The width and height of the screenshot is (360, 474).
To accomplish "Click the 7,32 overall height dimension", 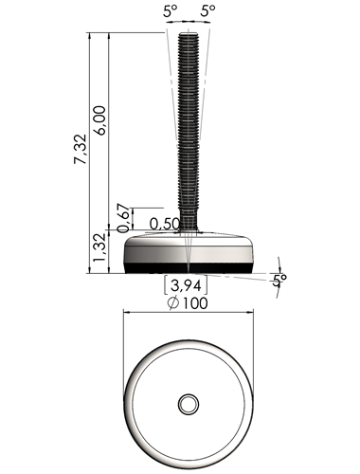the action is pos(80,149).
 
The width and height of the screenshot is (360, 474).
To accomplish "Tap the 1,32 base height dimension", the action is pos(99,247).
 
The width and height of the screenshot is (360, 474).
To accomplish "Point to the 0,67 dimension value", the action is pos(123,219).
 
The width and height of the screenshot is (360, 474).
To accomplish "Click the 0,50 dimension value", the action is pos(164,224).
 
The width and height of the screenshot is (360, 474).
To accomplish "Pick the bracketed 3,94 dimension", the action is pos(186,286).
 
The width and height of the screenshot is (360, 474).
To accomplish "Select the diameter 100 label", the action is pos(189,303).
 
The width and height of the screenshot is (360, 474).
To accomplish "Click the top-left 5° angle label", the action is pos(171,11).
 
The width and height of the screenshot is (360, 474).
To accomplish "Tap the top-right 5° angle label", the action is pos(208,11).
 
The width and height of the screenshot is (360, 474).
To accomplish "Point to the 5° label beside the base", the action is pos(279,280).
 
